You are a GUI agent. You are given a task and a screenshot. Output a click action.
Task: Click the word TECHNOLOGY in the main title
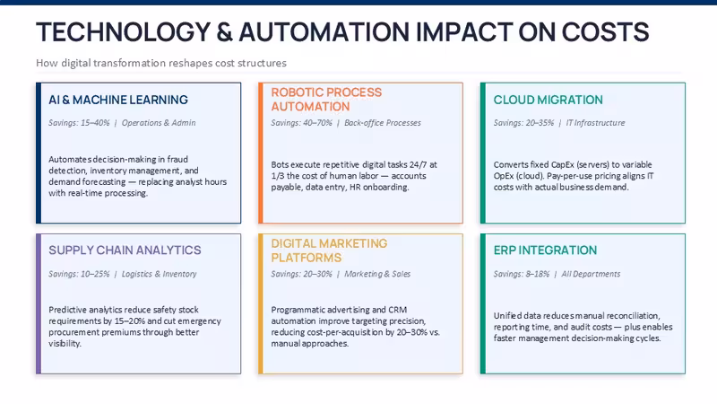point(123,32)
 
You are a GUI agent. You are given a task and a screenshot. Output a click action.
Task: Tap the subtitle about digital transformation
point(161,63)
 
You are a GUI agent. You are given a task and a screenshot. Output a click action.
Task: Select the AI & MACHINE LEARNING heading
point(118,100)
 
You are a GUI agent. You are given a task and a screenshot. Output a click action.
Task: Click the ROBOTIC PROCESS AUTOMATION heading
point(326,100)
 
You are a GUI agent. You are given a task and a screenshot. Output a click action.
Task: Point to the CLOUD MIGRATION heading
point(548,100)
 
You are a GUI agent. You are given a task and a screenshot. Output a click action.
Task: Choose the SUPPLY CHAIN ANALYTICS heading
point(125,250)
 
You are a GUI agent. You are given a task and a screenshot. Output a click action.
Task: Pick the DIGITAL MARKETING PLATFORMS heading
point(329,250)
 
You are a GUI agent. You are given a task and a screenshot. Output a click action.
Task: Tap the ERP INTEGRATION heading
point(545,250)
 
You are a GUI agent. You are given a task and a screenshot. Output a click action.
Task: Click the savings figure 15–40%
point(95,123)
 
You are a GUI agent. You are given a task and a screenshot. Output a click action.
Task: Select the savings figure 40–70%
point(317,123)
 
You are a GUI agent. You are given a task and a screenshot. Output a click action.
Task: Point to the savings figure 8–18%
point(537,274)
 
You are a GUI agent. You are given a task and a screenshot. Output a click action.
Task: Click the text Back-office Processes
point(383,123)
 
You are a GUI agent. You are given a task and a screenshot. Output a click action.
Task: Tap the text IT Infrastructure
point(595,123)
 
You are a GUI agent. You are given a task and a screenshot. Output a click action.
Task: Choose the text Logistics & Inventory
point(159,274)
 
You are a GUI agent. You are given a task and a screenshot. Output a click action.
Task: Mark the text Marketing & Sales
point(377,274)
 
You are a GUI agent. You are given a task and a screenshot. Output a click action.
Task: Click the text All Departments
point(591,274)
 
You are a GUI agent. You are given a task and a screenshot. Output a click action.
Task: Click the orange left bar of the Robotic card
point(261,153)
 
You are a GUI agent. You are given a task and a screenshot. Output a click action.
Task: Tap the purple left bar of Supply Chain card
point(39,303)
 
